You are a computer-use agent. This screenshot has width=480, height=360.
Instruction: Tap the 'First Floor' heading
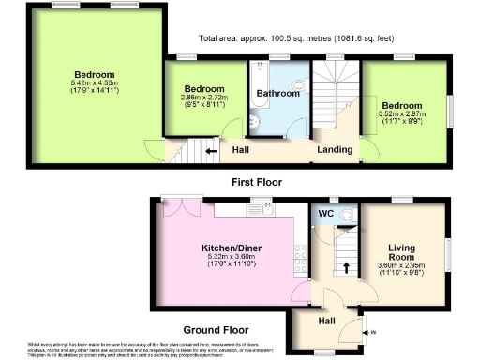(256, 182)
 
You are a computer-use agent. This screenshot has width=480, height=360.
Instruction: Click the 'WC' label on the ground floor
(327, 214)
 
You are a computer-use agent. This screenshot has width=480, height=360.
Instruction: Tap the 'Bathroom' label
(278, 94)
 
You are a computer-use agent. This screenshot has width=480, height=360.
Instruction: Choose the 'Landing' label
(335, 149)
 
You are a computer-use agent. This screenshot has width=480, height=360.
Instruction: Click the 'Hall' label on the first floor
(241, 149)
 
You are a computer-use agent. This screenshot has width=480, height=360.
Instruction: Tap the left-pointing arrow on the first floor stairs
(211, 149)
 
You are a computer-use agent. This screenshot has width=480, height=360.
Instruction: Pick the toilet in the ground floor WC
(349, 214)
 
